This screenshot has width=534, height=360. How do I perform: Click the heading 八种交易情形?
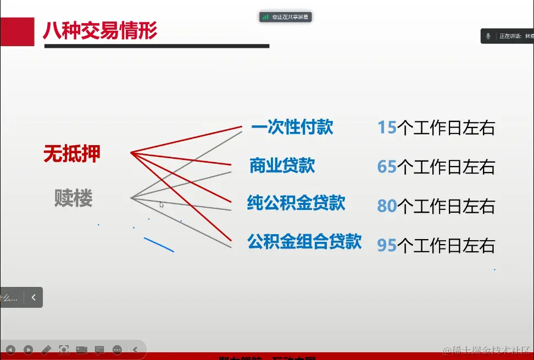point(100,30)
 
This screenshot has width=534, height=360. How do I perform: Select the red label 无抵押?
point(72,154)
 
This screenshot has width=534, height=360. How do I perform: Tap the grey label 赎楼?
point(73,198)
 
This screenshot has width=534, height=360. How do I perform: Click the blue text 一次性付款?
point(292,128)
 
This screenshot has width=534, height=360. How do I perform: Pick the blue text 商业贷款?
point(282,165)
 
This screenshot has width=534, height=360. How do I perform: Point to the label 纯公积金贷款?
point(296,203)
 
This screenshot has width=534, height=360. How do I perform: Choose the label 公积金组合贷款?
point(304,241)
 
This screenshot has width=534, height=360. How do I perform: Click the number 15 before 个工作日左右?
point(387,128)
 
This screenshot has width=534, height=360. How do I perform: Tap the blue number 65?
point(387,167)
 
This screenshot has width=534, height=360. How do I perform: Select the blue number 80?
point(387,206)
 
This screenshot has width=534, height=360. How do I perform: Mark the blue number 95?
point(387,245)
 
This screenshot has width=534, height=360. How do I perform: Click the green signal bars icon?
point(265,17)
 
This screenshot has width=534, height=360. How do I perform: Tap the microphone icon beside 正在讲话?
point(488,36)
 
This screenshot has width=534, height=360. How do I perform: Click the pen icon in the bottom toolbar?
point(46,350)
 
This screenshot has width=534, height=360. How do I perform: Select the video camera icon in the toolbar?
point(81,350)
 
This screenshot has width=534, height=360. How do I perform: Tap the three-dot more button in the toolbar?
point(117,350)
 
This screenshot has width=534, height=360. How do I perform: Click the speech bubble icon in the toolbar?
point(99,350)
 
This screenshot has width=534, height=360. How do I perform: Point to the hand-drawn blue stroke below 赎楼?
point(159,245)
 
